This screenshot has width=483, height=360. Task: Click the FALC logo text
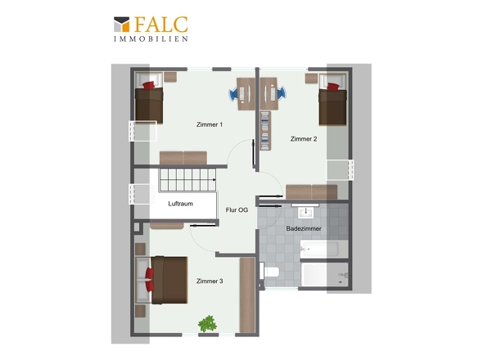point(161,25)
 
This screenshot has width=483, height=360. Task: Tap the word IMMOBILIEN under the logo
point(151,38)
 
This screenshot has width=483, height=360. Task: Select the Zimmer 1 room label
point(210,124)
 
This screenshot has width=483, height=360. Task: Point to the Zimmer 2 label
point(304,139)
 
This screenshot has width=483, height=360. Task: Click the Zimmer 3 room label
point(210,281)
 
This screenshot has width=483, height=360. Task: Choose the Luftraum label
point(180,204)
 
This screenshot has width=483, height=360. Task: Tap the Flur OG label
point(237,210)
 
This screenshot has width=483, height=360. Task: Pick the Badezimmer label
point(304,228)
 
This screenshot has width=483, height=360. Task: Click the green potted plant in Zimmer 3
point(207,324)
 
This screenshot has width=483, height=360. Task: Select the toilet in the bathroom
point(269,272)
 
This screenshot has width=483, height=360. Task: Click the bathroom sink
point(305,212)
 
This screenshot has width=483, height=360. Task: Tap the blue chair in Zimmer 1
point(233,93)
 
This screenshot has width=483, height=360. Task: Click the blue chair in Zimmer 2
point(282,93)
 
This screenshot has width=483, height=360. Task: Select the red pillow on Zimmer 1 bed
point(149,85)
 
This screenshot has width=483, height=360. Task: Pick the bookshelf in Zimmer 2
point(265,131)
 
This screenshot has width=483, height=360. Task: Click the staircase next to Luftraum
point(187,180)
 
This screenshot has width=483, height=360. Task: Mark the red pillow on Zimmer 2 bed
point(333,87)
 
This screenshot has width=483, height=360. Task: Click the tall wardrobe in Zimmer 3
point(247,295)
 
